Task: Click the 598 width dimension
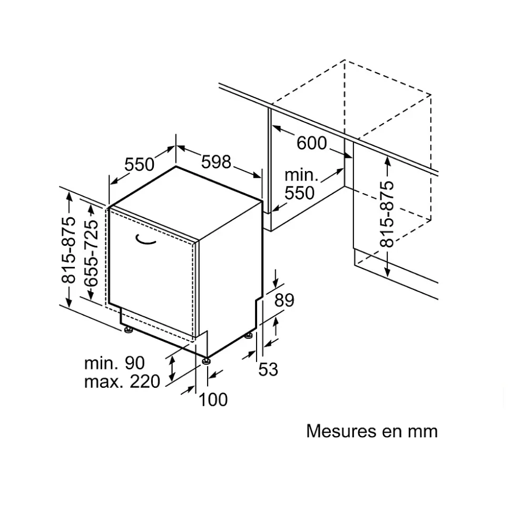tap(216, 162)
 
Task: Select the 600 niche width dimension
tap(311, 143)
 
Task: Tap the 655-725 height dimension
tap(92, 253)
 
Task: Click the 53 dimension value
tap(268, 369)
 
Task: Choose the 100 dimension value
tap(213, 399)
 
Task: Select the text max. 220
tap(122, 381)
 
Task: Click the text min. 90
tap(114, 363)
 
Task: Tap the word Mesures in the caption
tap(337, 431)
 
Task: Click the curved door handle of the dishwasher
tap(146, 240)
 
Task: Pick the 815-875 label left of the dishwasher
tap(69, 249)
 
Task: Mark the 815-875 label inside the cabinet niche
tap(387, 214)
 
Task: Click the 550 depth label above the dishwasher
tap(139, 165)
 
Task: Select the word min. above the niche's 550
tap(301, 175)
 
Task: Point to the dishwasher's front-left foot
tap(128, 330)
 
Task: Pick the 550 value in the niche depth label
tap(299, 193)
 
